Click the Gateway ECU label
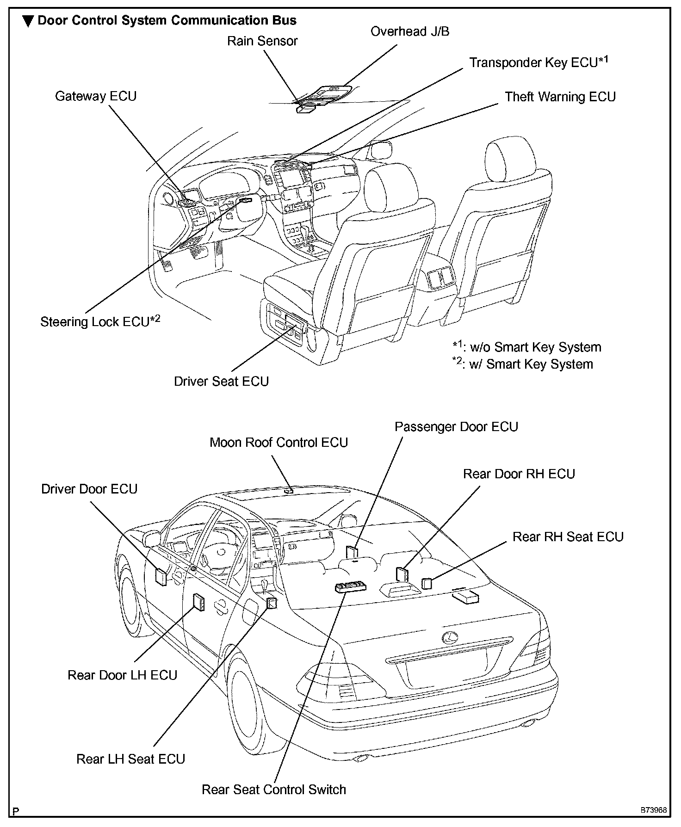(96, 96)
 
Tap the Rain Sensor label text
(262, 41)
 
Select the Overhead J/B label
(409, 31)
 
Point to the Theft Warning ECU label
(560, 97)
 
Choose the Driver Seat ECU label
(221, 381)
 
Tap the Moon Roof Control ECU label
(279, 442)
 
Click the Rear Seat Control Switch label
(273, 789)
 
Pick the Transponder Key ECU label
(539, 62)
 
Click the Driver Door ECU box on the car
(161, 577)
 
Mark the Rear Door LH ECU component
(198, 602)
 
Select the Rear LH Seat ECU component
(272, 603)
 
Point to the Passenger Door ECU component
(352, 552)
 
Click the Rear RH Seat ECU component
(427, 583)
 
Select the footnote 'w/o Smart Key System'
(526, 347)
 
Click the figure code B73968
(653, 810)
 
